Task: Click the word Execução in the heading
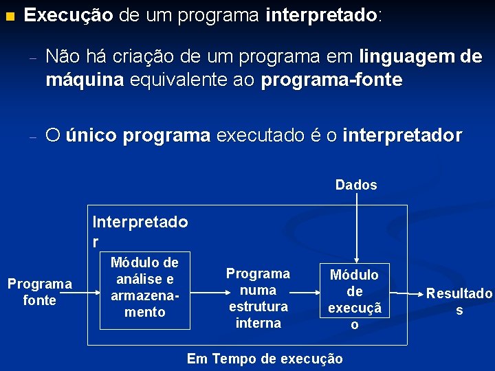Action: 69,15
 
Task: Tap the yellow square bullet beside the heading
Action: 9,15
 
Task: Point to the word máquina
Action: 85,80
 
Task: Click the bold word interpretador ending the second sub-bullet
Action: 402,135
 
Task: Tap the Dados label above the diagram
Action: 356,185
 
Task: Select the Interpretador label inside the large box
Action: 140,231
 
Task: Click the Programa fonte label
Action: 39,292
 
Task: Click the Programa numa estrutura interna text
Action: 258,298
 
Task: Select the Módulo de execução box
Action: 355,300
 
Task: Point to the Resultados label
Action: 459,301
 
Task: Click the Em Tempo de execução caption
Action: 265,359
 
